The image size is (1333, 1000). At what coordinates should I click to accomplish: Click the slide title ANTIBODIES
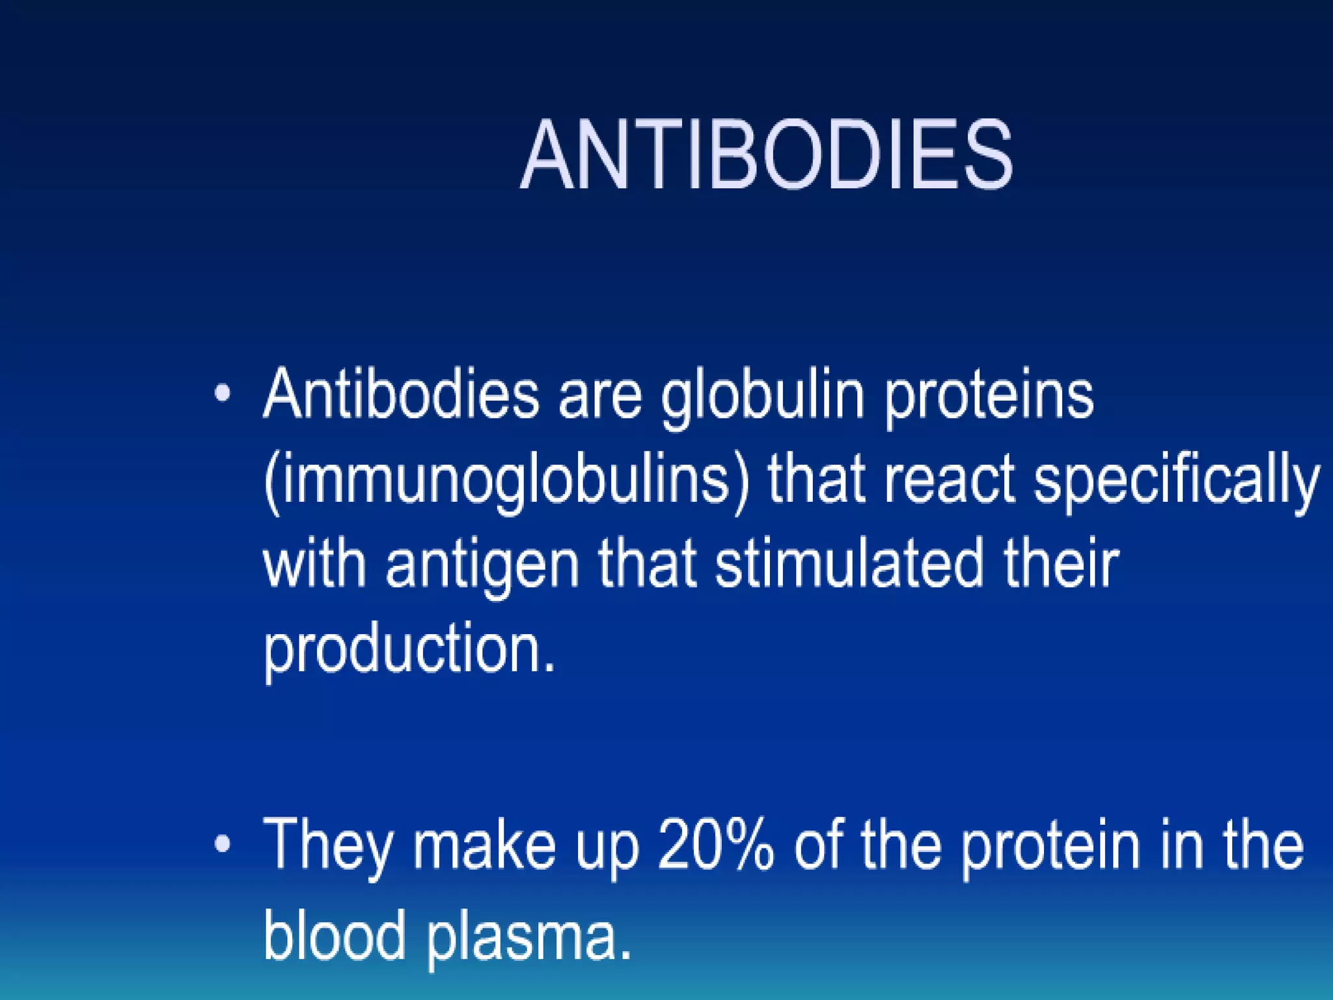pos(766,156)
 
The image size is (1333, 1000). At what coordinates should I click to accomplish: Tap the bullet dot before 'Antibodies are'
pos(223,393)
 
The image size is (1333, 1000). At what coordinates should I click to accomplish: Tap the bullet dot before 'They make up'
pos(223,844)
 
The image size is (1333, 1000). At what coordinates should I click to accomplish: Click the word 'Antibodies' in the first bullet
pos(401,395)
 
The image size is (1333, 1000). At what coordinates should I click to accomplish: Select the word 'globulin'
pos(762,397)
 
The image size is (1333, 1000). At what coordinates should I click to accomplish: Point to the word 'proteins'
pos(989,397)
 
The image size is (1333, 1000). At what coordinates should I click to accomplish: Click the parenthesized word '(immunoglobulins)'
pos(507,482)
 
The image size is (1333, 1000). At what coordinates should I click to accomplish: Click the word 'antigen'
pos(482,566)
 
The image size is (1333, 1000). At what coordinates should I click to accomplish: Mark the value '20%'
pos(716,845)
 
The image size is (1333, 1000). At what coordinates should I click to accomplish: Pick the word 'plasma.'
pos(529,937)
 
